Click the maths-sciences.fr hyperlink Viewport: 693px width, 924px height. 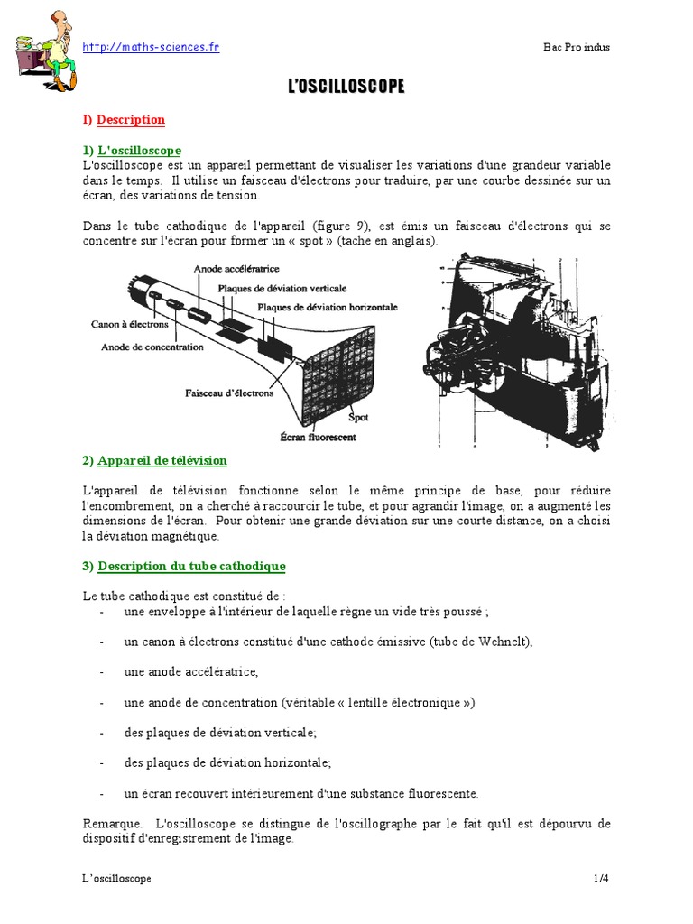(151, 47)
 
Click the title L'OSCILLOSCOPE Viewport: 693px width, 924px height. (346, 87)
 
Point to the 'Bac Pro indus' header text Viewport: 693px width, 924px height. (577, 48)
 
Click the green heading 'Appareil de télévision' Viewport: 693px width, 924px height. (162, 460)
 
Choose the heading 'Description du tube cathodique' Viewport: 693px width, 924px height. (191, 566)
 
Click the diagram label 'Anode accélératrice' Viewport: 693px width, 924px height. (237, 268)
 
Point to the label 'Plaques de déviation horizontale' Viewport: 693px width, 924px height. (328, 307)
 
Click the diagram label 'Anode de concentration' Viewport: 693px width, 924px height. (152, 346)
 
